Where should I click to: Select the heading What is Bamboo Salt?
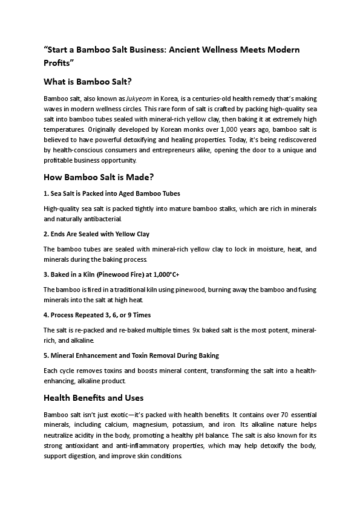click(88, 82)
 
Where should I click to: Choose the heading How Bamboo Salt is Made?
click(100, 177)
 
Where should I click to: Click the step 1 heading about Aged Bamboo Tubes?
click(112, 193)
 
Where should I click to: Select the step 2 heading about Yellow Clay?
click(96, 233)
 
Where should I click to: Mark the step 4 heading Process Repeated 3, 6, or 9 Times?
click(97, 315)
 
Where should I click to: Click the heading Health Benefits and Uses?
click(93, 398)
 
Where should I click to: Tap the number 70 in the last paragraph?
click(278, 415)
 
